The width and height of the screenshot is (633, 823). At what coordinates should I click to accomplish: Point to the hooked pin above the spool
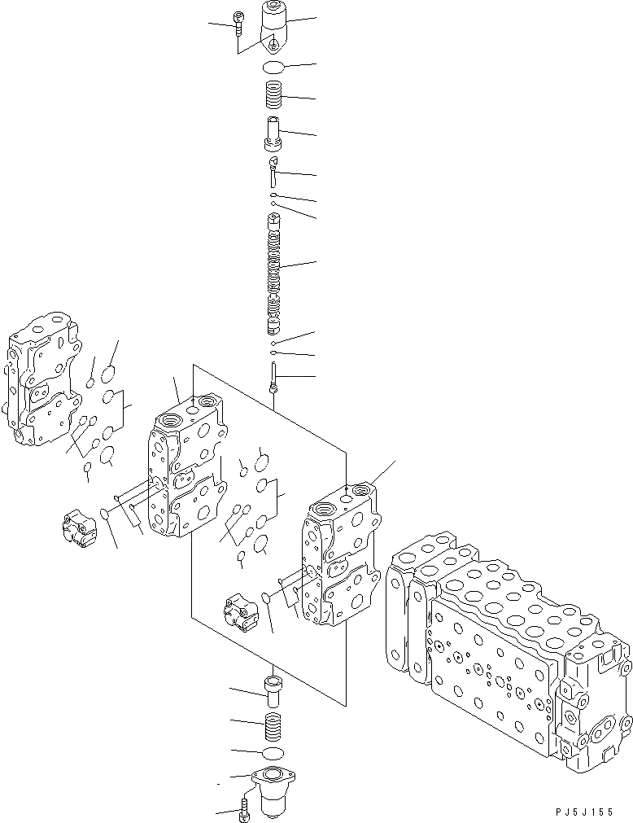point(273,172)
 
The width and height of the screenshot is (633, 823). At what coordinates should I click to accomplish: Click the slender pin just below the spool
point(275,378)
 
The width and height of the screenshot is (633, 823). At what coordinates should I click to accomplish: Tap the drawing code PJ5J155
point(586,812)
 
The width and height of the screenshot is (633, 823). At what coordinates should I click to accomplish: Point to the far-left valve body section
point(43,379)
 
